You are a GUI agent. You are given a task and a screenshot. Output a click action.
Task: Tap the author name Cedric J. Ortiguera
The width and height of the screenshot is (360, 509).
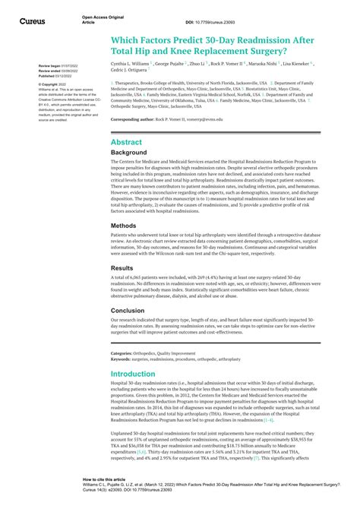(130, 73)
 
